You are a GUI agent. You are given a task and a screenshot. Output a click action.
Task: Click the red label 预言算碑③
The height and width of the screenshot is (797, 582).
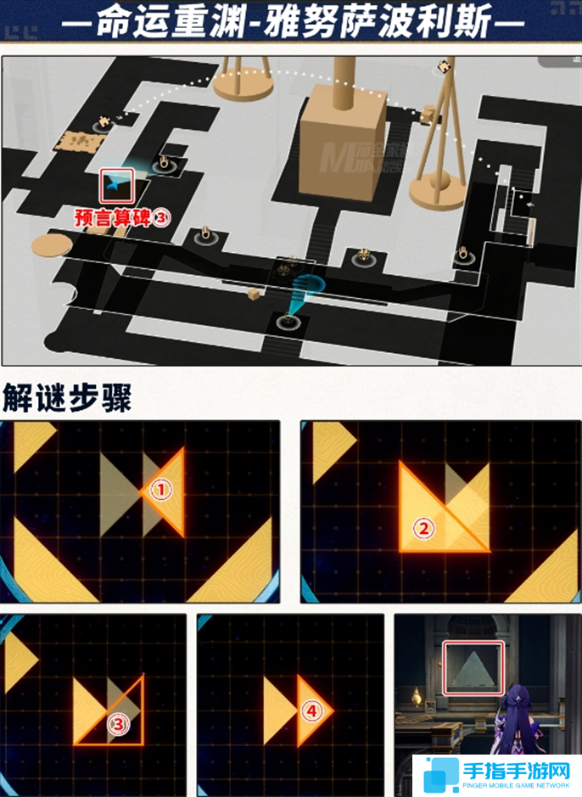point(124,218)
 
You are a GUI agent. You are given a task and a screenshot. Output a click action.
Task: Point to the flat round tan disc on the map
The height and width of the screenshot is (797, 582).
point(52,246)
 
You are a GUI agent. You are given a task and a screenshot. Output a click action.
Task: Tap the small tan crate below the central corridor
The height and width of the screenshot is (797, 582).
point(254,294)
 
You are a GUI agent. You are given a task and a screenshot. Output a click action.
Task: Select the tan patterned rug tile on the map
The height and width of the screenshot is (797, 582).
point(77,141)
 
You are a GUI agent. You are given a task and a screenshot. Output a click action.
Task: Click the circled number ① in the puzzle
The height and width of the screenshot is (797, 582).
point(161,489)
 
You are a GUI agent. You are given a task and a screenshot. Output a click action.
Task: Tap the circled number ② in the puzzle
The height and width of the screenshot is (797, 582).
point(423,528)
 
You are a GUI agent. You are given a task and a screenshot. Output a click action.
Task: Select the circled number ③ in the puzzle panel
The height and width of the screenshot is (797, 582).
point(120,723)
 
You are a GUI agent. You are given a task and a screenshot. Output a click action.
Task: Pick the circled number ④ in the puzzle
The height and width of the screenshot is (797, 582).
point(311,710)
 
